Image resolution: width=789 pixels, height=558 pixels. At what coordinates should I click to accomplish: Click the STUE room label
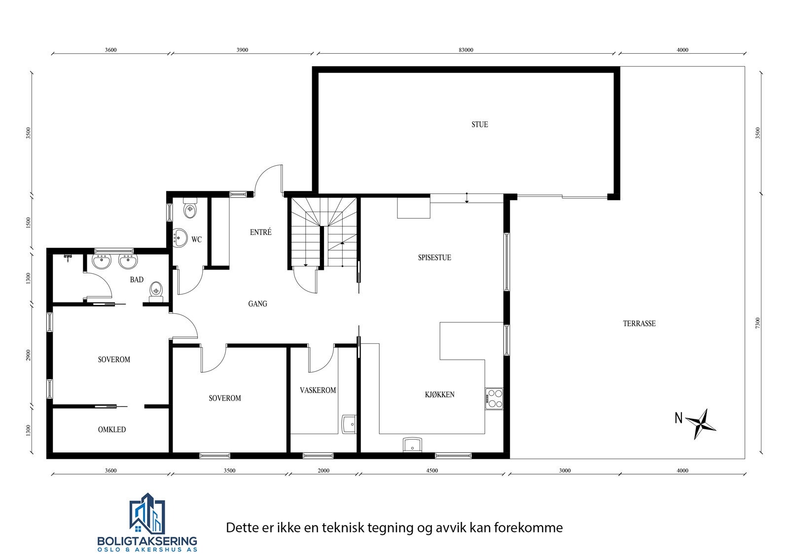coord(479,124)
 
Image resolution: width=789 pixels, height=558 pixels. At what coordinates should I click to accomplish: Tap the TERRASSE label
coord(639,324)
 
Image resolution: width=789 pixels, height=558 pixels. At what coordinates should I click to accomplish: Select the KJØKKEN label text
coord(439,394)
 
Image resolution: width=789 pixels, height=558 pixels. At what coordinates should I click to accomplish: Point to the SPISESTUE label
coord(434,258)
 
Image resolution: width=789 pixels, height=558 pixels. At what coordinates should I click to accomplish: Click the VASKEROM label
coord(318,390)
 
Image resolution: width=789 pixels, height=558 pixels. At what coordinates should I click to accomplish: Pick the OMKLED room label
coord(112,430)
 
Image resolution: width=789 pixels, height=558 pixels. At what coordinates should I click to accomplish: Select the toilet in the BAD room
coord(156,291)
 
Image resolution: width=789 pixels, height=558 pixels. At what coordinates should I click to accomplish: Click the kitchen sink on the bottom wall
coord(412,445)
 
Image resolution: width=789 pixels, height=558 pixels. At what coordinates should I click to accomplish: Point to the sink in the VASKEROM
coord(349,424)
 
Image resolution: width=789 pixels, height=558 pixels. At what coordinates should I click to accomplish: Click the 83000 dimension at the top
coord(466,50)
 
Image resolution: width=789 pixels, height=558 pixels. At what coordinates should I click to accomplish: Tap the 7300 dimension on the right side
coord(758,323)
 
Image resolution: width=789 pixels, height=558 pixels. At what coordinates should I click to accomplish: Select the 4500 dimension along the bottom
coord(431,471)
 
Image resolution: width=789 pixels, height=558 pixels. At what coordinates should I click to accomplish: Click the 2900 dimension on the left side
coord(28,355)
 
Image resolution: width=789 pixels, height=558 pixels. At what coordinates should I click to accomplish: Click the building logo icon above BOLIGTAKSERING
coord(147,516)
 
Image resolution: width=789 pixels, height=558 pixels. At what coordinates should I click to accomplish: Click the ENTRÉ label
coord(260,232)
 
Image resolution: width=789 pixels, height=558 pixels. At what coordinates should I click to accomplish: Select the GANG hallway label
coord(257,304)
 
